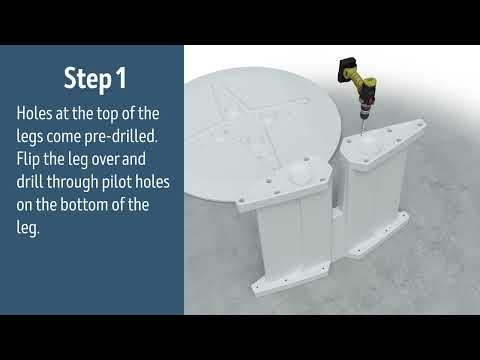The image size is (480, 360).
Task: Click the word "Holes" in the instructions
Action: [37, 113]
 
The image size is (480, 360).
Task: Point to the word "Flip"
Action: [30, 159]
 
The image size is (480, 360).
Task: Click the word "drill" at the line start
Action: [31, 182]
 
